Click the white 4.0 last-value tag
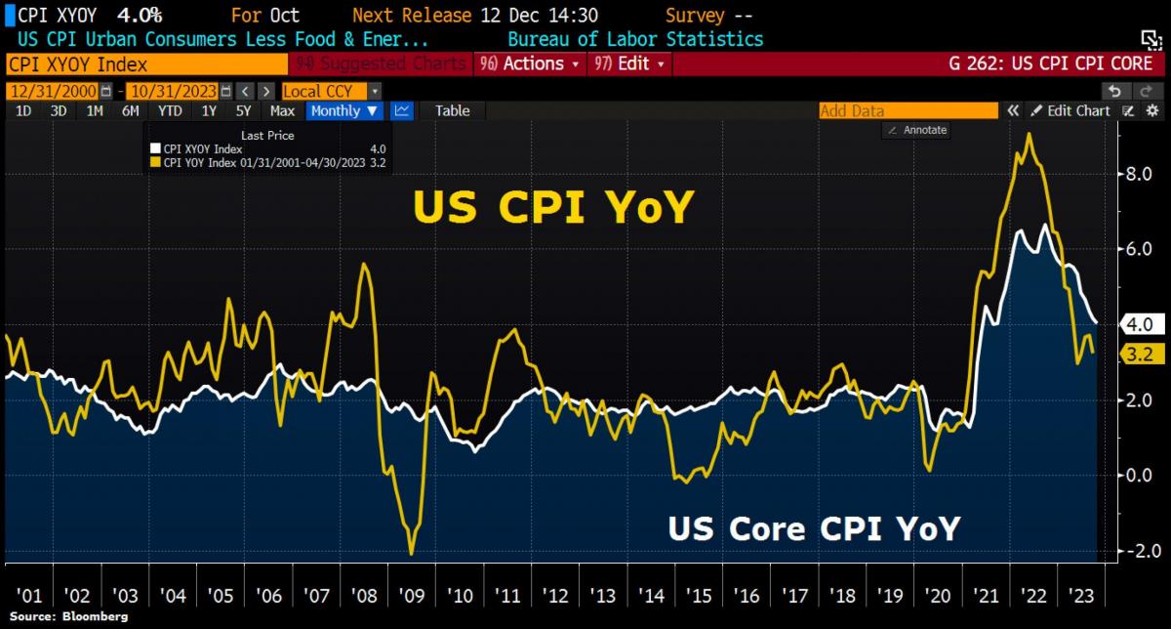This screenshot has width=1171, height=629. (1138, 324)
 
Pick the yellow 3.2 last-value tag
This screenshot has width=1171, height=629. (1138, 354)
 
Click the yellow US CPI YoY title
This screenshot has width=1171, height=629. (552, 207)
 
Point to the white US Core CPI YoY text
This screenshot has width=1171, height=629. (814, 528)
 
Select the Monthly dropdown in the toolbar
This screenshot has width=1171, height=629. (344, 110)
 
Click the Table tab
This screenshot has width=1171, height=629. (452, 110)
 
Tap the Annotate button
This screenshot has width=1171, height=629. (918, 130)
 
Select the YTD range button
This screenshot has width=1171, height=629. (170, 110)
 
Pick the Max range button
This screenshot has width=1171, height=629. (282, 110)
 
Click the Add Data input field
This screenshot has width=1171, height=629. (908, 110)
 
